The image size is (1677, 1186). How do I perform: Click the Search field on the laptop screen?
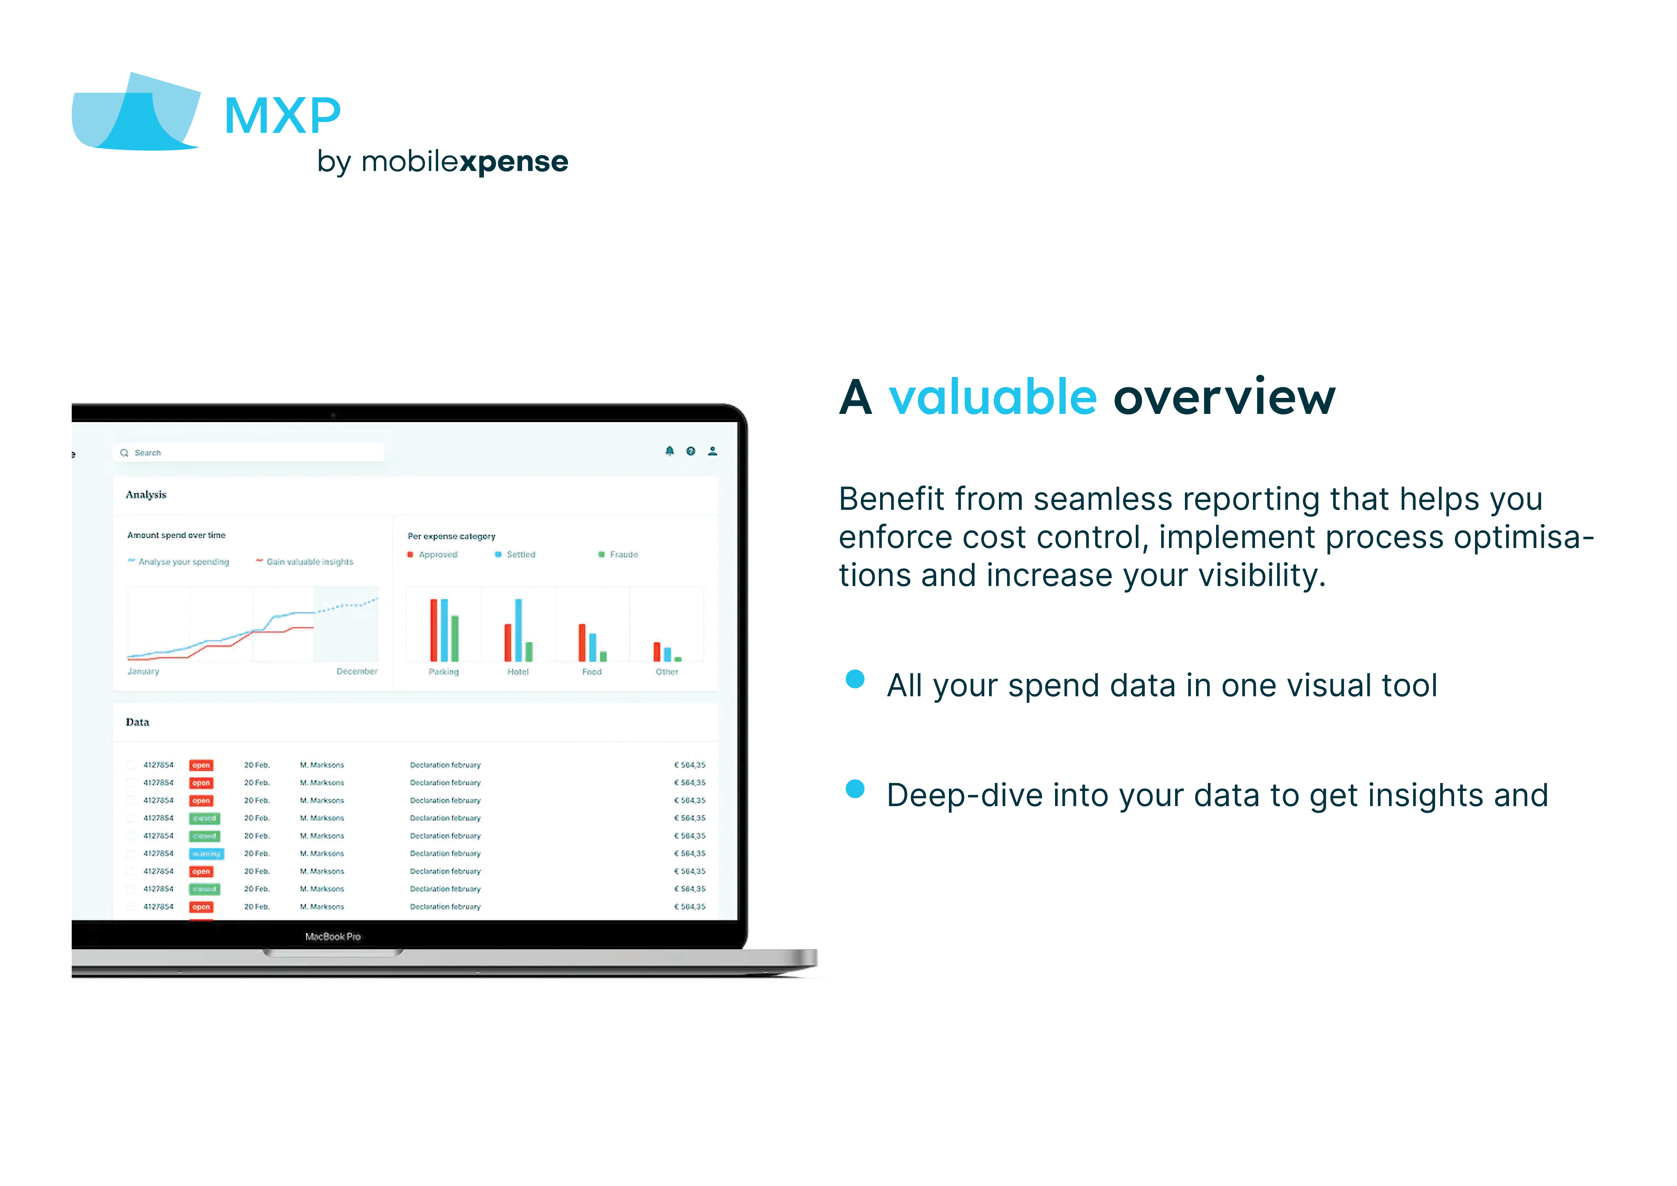(x=248, y=453)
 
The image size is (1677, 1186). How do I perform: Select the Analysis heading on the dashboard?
(x=146, y=495)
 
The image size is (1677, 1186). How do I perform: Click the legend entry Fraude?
(x=623, y=554)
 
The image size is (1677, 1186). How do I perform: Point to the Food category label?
(x=592, y=672)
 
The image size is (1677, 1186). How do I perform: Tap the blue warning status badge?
(x=206, y=854)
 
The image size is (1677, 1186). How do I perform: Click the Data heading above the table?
(x=137, y=722)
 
